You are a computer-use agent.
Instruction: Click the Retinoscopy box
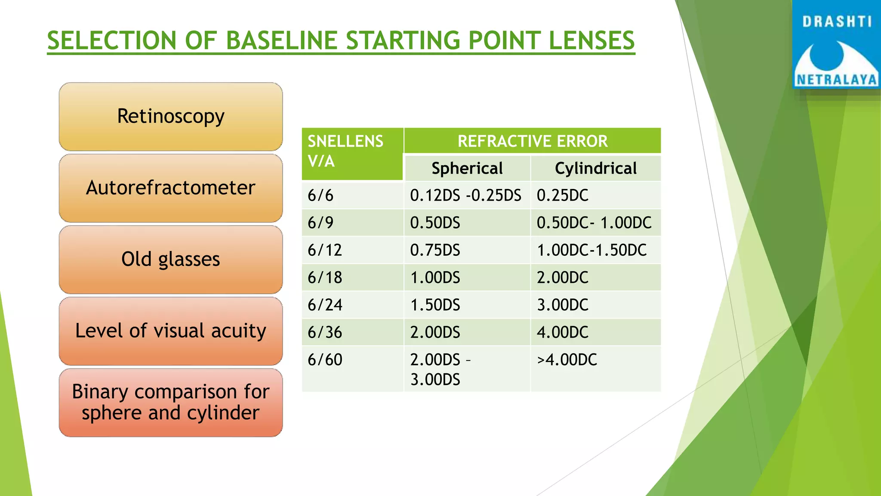tap(171, 116)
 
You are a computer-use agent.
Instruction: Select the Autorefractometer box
tap(171, 188)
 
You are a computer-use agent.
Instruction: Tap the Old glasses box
tap(171, 259)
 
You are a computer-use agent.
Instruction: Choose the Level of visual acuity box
tap(171, 331)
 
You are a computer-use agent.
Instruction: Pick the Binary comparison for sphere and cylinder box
tap(171, 402)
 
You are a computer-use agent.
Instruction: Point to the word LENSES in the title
tap(591, 41)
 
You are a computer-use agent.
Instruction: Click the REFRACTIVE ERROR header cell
tap(532, 141)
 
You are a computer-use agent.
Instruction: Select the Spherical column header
tap(467, 168)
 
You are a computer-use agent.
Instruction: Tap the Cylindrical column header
tap(596, 168)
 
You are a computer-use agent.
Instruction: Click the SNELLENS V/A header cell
tap(345, 151)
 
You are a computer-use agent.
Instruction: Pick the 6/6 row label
tap(320, 195)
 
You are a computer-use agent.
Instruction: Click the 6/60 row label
tap(325, 360)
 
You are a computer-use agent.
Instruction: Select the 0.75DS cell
tap(435, 250)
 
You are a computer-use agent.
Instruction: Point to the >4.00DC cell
tap(567, 360)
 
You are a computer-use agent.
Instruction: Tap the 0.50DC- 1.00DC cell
tap(594, 223)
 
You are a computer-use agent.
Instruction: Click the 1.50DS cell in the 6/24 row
tap(435, 305)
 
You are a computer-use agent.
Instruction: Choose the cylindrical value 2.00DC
tap(562, 278)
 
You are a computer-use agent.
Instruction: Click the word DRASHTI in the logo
tap(837, 22)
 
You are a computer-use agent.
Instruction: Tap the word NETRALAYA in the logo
tap(836, 80)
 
